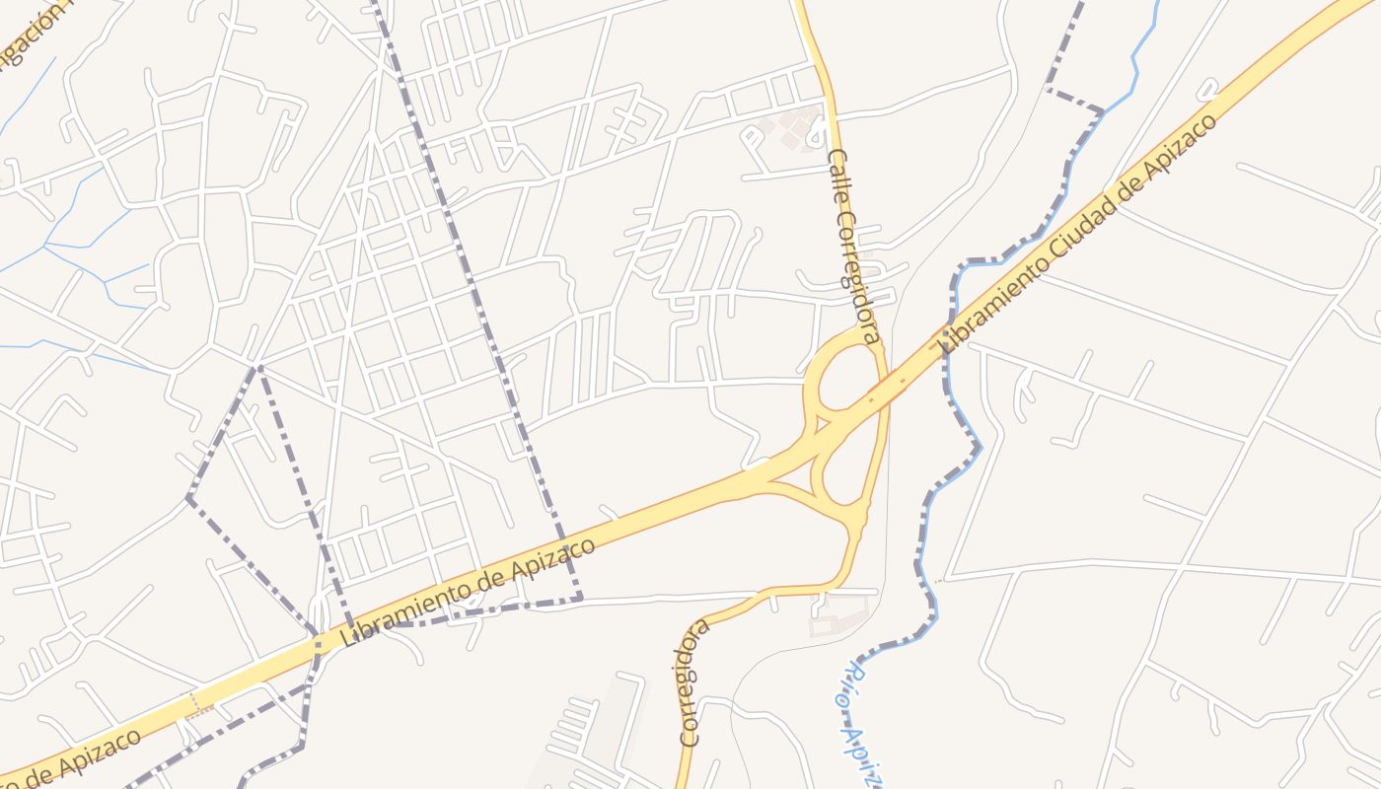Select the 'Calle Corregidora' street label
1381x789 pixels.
pyautogui.click(x=854, y=246)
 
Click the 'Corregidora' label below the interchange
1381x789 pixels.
pyautogui.click(x=694, y=681)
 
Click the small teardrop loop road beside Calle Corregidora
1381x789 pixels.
pyautogui.click(x=818, y=133)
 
